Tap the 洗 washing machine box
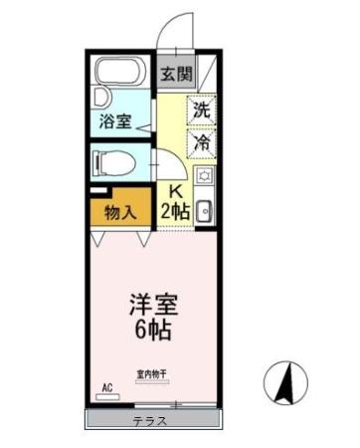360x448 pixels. pos(202,111)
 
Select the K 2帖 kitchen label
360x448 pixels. pos(176,202)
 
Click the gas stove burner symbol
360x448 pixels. pos(205,176)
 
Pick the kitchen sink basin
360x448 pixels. pos(204,211)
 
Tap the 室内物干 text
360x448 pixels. pos(151,374)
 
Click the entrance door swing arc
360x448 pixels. pos(179,30)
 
